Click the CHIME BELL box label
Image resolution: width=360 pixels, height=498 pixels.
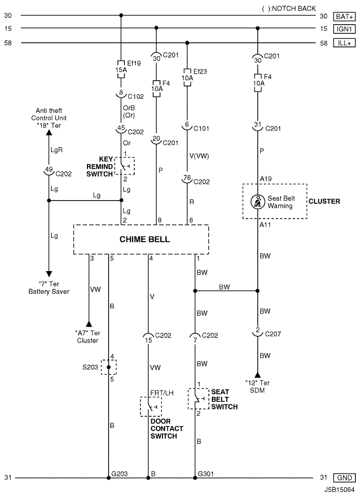click(145, 239)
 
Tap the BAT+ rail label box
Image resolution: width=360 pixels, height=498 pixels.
click(344, 16)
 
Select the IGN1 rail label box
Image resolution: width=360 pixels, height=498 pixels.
click(344, 29)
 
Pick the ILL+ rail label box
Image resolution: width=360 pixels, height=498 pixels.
click(344, 43)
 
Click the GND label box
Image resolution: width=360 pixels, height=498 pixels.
click(344, 477)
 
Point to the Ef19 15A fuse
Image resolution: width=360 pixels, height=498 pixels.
click(121, 69)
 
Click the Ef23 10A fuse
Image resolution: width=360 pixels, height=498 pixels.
click(187, 78)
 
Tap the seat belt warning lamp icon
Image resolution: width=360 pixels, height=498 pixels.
click(258, 202)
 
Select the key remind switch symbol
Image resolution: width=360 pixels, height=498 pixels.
click(124, 166)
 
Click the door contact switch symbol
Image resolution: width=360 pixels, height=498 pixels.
click(151, 406)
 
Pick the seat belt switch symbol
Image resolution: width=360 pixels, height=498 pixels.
click(199, 399)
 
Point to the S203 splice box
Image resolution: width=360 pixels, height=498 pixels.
click(109, 367)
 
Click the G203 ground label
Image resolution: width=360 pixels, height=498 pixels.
click(119, 473)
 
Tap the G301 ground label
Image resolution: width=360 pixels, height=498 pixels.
click(206, 473)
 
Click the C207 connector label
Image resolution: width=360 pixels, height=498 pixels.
click(273, 334)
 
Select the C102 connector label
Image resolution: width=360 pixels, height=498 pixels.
click(136, 96)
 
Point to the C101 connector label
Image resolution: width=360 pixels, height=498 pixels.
click(201, 128)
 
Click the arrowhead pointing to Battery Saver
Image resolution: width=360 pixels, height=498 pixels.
click(49, 274)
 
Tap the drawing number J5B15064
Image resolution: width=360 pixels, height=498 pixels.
click(339, 490)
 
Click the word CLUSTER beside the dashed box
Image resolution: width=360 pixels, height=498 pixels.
click(324, 201)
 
